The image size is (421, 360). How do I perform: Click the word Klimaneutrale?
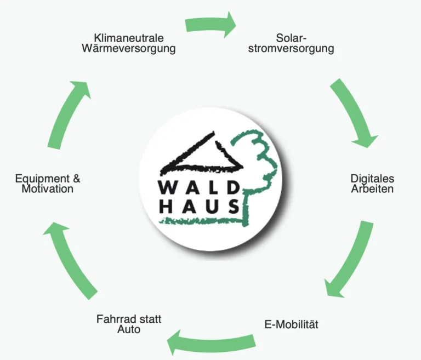tap(129, 38)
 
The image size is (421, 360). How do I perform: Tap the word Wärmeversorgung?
tap(129, 49)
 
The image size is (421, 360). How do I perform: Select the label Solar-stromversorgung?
tap(291, 43)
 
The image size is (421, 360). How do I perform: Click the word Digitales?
tap(372, 179)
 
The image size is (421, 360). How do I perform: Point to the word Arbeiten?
tap(372, 188)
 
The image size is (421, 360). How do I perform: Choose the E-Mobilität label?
tap(291, 324)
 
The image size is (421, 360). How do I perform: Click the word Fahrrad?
tap(115, 319)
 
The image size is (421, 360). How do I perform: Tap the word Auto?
tap(129, 329)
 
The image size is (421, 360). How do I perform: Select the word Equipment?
tap(42, 179)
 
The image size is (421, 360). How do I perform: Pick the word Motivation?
tap(48, 188)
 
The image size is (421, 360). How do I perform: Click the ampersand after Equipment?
tap(77, 179)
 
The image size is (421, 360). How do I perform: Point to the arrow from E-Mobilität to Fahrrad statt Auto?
tap(211, 343)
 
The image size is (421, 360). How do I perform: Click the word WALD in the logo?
tap(199, 187)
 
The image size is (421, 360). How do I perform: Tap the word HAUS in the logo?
tap(199, 207)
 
